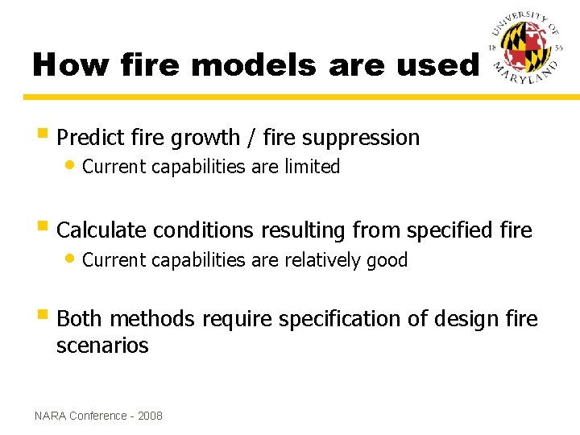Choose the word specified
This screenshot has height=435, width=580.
point(454,230)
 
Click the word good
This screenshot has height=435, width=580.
point(387,260)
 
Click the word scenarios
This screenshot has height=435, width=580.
point(102,346)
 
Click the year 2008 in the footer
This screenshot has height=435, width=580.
point(150,416)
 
